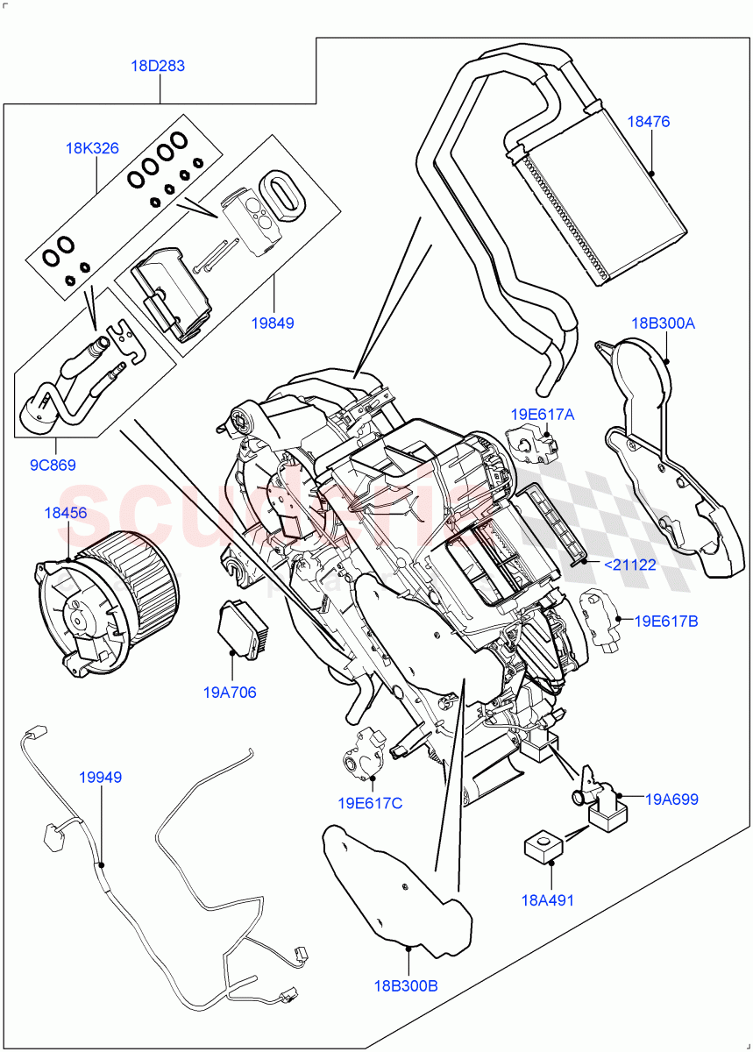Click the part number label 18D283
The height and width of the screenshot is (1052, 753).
click(160, 66)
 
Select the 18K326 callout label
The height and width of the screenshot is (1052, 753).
click(92, 148)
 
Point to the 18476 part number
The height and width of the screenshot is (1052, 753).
click(649, 122)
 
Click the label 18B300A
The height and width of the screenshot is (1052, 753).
click(663, 323)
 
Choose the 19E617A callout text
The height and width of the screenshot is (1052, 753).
click(543, 414)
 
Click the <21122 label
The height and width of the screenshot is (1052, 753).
click(629, 565)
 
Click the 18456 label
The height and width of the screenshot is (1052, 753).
click(66, 512)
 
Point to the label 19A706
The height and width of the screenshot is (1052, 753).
click(230, 693)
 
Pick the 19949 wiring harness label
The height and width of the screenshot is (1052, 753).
click(100, 777)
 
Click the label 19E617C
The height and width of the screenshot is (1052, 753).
click(370, 802)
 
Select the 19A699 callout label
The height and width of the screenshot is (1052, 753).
click(671, 799)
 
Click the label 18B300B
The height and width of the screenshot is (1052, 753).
click(405, 985)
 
